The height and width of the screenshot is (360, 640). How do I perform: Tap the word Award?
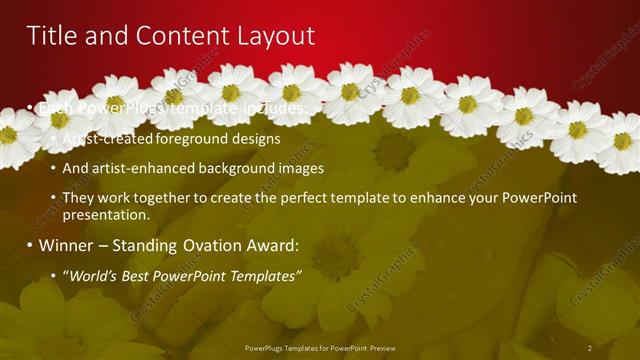click(x=271, y=245)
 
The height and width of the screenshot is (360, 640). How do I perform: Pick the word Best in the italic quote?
click(x=143, y=275)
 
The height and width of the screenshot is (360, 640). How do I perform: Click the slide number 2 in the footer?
click(x=590, y=347)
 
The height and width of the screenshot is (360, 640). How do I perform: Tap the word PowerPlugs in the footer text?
click(x=265, y=347)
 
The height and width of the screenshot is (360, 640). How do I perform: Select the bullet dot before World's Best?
click(x=53, y=275)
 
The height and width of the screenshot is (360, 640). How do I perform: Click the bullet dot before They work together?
click(x=53, y=198)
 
